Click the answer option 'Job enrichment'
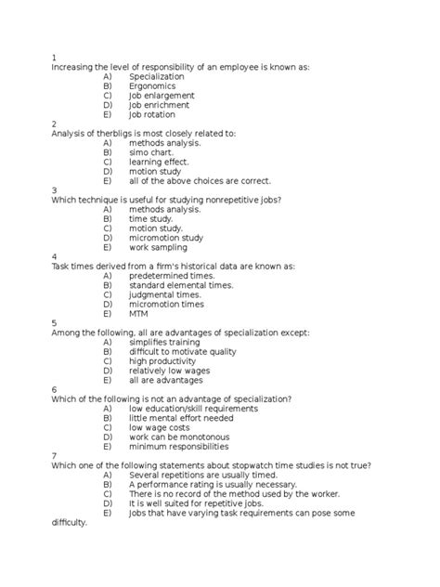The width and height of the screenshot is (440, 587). (162, 105)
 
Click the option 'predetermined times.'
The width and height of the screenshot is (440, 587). (172, 276)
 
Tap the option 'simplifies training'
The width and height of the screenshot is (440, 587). (168, 343)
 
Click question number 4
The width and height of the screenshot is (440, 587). (55, 257)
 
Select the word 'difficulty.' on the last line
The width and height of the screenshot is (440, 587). (70, 522)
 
